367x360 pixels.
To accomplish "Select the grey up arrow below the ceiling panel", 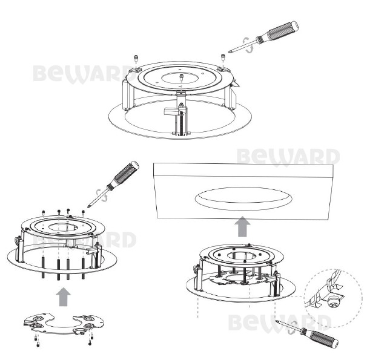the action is pyautogui.click(x=242, y=227).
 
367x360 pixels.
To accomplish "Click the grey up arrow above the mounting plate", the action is pyautogui.click(x=63, y=296).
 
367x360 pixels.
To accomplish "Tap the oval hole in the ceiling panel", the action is pyautogui.click(x=243, y=198).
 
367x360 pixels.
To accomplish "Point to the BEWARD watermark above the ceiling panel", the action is pyautogui.click(x=288, y=157).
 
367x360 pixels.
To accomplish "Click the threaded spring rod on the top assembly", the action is pyautogui.click(x=181, y=122).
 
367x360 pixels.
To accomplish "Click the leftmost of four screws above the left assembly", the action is pyautogui.click(x=43, y=212).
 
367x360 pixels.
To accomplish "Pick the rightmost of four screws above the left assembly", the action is pyautogui.click(x=83, y=212).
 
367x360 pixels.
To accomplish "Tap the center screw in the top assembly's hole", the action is pyautogui.click(x=181, y=77).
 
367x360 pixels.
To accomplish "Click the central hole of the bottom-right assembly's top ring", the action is pyautogui.click(x=242, y=255).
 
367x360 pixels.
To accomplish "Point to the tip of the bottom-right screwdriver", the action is pyautogui.click(x=277, y=321).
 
